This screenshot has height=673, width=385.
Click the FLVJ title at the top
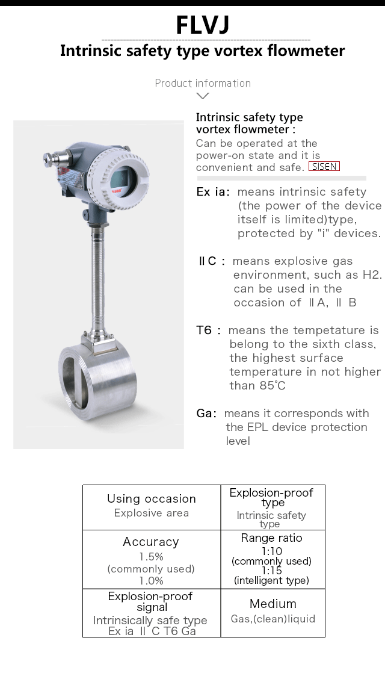(x=203, y=25)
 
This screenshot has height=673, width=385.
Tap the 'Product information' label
(x=203, y=83)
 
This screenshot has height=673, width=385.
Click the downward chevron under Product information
(x=203, y=96)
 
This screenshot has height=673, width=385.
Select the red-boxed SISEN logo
(x=324, y=167)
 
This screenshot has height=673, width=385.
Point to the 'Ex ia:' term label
(x=214, y=192)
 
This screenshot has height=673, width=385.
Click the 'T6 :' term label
(x=208, y=330)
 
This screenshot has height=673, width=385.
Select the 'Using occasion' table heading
(x=152, y=499)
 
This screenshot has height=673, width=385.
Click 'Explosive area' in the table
(x=152, y=513)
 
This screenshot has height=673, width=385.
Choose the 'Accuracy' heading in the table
(x=151, y=542)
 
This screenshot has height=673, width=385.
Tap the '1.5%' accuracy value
(x=152, y=557)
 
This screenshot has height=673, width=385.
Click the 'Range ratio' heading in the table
(x=271, y=538)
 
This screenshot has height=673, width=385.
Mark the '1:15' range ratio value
(x=271, y=571)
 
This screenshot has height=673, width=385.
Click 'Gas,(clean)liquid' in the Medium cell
(x=273, y=619)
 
